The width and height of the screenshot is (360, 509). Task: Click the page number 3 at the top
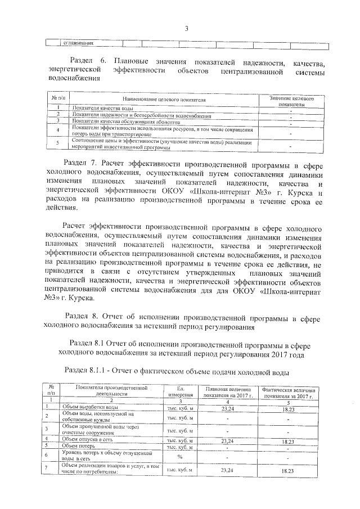(x=185, y=30)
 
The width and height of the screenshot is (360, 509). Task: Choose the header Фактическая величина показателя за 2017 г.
(x=287, y=393)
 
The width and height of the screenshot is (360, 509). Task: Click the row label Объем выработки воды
(x=90, y=407)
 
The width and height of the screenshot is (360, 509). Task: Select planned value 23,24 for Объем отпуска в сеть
(x=227, y=440)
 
